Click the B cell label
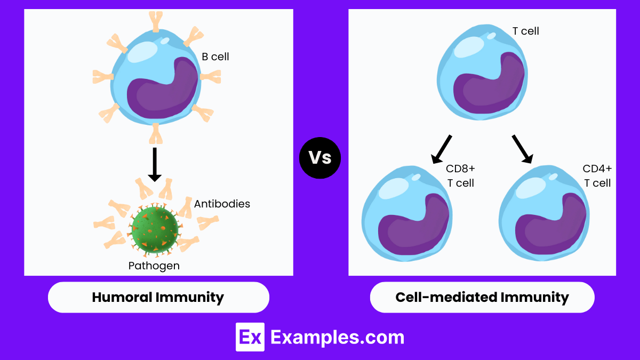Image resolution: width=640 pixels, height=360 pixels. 215,57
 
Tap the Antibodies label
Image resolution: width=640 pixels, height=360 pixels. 222,204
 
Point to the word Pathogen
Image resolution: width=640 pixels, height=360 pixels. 154,265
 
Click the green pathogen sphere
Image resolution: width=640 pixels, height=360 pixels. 155,229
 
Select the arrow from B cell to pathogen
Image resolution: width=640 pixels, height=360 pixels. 154,164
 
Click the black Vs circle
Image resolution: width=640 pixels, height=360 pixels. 320,158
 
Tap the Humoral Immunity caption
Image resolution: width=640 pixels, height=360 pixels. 158,297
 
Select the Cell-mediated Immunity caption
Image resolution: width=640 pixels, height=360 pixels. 482,297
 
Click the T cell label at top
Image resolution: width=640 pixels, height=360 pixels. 525,31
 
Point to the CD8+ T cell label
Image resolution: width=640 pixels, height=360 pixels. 460,175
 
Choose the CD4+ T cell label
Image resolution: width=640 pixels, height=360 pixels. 597,175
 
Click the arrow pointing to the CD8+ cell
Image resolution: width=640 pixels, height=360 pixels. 442,149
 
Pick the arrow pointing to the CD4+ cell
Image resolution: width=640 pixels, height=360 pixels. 522,149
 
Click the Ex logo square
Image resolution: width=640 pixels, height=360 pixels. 250,337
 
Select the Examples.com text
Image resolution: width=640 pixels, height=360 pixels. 337,337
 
